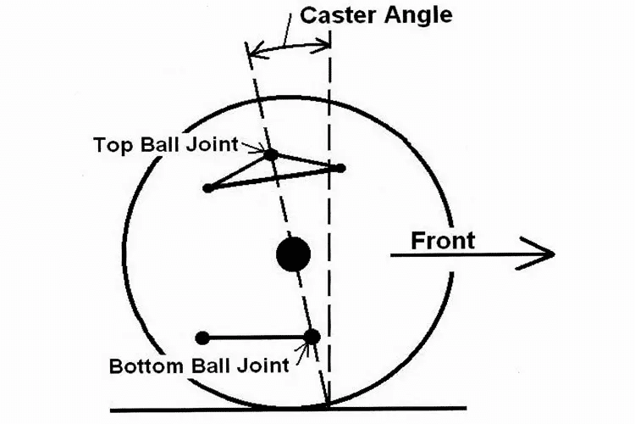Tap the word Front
(x=442, y=241)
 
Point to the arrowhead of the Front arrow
(x=546, y=254)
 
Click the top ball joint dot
(x=270, y=154)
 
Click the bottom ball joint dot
(x=312, y=337)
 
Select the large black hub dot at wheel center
(x=293, y=254)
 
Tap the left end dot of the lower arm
(x=202, y=338)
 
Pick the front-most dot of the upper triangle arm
(x=340, y=168)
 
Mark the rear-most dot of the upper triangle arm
(x=208, y=187)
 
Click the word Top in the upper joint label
(x=110, y=144)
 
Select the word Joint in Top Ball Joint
(x=215, y=144)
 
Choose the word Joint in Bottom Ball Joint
(x=262, y=367)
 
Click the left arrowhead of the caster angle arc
(x=251, y=53)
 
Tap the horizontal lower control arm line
(x=254, y=338)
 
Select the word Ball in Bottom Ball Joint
(x=204, y=367)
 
